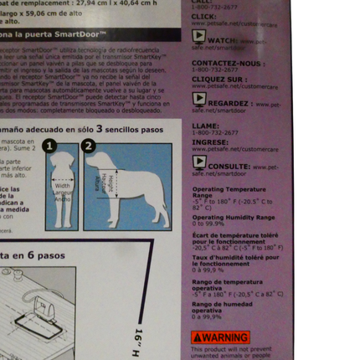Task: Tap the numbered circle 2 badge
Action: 90,146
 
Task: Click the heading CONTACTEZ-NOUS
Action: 217,63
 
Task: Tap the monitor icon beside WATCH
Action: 198,39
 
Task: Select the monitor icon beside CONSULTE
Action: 198,165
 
